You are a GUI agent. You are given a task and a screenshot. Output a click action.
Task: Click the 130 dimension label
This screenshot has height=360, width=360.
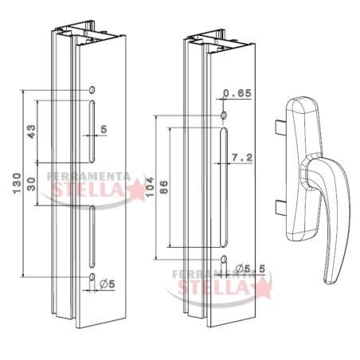tap(18, 183)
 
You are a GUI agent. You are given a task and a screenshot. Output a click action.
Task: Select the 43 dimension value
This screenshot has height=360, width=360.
tap(32, 131)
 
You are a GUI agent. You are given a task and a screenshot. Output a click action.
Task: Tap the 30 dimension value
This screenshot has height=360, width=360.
tap(32, 184)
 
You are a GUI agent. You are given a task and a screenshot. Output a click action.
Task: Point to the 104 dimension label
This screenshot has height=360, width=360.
tap(150, 187)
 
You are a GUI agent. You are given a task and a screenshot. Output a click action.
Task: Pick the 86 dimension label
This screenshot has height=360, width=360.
tap(164, 187)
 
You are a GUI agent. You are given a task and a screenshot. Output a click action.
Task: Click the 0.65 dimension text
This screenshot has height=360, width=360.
tap(237, 93)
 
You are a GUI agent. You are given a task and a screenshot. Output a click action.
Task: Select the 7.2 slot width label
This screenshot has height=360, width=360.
tap(242, 158)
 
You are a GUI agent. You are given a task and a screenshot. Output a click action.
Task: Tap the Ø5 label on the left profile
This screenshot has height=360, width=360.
tap(108, 284)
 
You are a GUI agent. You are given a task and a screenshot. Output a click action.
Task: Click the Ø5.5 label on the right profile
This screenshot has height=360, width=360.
tap(250, 268)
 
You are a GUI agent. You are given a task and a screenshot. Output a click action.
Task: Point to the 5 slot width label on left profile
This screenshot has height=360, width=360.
tap(104, 129)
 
